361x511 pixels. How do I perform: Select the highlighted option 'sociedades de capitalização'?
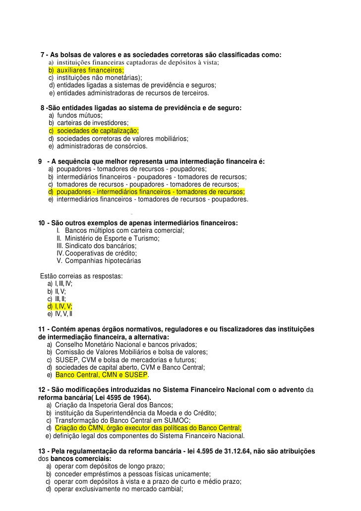tap(97, 130)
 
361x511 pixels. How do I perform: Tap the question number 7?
tap(42, 55)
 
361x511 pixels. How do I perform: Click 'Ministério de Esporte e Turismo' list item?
tap(112, 239)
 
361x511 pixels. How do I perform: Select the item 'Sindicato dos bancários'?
tap(101, 246)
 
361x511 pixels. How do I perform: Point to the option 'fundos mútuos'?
tap(80, 116)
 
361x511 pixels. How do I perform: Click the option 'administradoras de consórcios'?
tap(102, 146)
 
